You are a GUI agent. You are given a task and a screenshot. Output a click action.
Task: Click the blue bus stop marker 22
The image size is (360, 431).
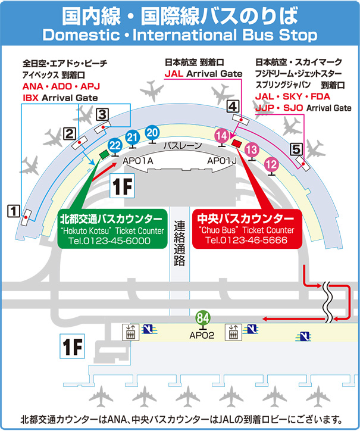pos(115,145)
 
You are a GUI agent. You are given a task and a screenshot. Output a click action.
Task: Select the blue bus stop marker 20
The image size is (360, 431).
pos(152,132)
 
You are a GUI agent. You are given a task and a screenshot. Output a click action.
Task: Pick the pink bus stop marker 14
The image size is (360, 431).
pos(221,136)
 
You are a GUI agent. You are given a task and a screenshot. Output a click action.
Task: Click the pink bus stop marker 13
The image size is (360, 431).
pos(252,149)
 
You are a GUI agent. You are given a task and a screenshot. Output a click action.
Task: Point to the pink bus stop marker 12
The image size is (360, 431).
pos(271,163)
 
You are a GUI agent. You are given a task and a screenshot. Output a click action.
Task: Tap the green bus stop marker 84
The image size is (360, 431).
pos(203,317)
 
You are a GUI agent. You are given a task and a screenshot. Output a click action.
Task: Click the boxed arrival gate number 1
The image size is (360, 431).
pos(13,210)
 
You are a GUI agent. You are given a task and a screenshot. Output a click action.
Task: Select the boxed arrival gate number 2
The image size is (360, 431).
pos(70,133)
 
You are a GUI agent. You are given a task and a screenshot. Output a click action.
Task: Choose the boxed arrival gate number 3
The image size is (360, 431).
pos(102,113)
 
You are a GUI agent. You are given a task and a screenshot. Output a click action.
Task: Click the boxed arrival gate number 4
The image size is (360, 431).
pos(233,107)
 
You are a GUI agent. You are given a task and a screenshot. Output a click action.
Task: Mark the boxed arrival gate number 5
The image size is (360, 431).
pos(296,149)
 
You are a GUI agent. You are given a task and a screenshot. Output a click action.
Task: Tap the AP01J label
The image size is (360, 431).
pos(222,161)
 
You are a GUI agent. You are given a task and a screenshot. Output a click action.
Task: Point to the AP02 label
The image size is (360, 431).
pos(202,335)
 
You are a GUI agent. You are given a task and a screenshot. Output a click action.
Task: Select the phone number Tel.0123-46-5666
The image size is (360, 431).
pos(246,240)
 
